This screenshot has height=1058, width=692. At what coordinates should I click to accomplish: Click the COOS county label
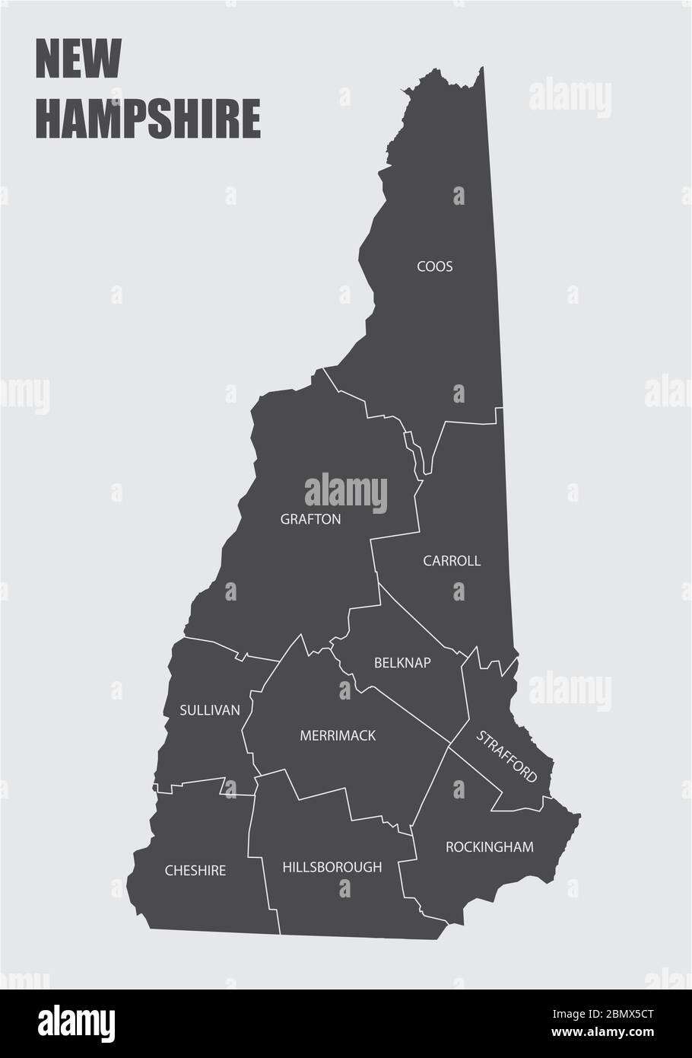(x=434, y=266)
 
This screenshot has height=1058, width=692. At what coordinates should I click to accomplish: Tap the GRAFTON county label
(x=310, y=520)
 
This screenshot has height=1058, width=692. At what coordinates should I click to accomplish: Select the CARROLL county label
(x=452, y=561)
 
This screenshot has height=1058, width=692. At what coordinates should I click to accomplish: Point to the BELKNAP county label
(x=402, y=663)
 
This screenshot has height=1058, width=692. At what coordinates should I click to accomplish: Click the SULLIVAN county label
(x=210, y=710)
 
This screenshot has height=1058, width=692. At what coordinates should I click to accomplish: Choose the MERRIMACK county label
(x=338, y=736)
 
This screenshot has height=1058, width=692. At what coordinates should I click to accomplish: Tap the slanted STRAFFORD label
(x=506, y=757)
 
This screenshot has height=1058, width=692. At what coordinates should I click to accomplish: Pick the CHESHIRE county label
(x=195, y=870)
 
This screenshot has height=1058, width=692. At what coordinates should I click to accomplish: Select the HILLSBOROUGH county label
(x=332, y=867)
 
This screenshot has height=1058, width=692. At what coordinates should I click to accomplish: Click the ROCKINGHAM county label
(x=490, y=846)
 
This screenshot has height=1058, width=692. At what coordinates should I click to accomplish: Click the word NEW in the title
(x=78, y=61)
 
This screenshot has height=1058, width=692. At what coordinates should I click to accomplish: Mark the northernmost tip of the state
(x=481, y=69)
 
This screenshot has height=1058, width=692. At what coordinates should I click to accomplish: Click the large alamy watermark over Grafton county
(x=346, y=492)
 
